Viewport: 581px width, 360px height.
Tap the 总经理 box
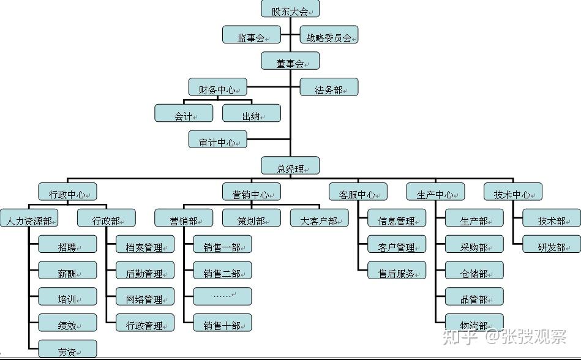pyautogui.click(x=290, y=167)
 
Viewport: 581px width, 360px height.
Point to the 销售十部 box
pyautogui.click(x=222, y=323)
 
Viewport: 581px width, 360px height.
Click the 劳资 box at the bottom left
pyautogui.click(x=67, y=349)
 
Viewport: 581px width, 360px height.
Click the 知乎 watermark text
pyautogui.click(x=460, y=336)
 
